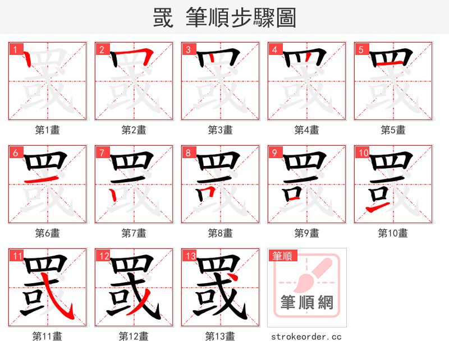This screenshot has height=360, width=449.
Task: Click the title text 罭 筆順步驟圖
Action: coord(224,18)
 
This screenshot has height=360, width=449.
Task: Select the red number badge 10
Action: coord(362,153)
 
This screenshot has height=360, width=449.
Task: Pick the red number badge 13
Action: coord(189,256)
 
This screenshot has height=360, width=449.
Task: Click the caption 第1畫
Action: coord(48,130)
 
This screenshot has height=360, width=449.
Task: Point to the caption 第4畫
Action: coord(307,130)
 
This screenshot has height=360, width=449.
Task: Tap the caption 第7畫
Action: coord(134,233)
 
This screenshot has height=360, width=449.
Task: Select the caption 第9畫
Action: coord(307,233)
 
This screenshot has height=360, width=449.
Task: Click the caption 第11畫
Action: coord(48,336)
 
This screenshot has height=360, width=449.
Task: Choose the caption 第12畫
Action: coord(134,336)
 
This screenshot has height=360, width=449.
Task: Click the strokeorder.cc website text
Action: coord(306,337)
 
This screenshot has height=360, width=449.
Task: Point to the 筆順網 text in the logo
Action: coord(307,303)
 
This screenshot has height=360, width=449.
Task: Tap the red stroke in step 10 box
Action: coord(377,209)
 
